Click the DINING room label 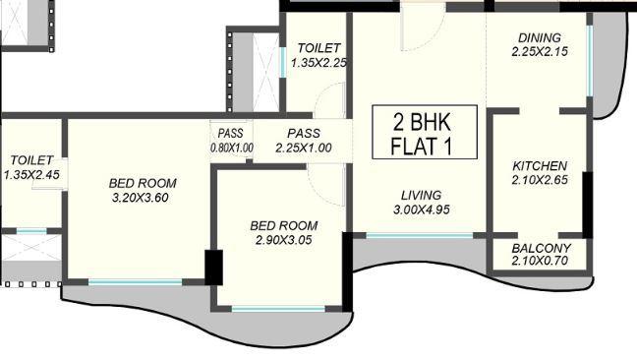(540, 38)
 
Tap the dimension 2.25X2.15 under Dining (540, 53)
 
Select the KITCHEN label (540, 165)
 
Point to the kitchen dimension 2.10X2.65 (540, 180)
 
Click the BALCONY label (540, 248)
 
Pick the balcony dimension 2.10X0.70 (540, 262)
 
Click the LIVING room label (421, 195)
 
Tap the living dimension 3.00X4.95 (421, 210)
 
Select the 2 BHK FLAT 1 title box (424, 134)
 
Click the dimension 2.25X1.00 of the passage (303, 149)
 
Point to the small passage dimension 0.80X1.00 (232, 149)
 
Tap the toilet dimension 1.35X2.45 (32, 175)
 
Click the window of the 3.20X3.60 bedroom (136, 283)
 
